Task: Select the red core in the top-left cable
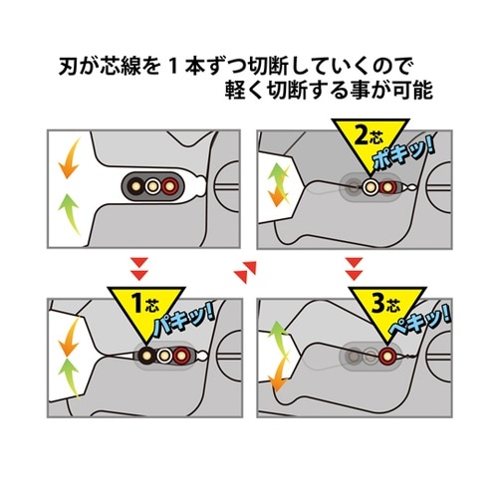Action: pyautogui.click(x=170, y=186)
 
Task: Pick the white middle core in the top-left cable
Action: pyautogui.click(x=150, y=186)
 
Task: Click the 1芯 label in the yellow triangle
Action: pyautogui.click(x=141, y=304)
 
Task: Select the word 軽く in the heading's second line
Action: pyautogui.click(x=245, y=101)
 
